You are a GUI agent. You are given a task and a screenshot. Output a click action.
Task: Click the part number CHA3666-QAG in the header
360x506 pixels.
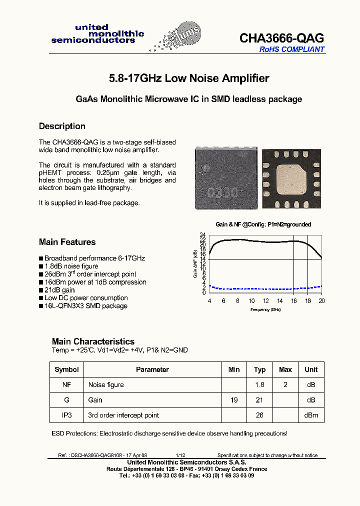(281, 38)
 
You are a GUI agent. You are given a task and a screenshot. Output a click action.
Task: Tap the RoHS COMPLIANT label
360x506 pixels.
(291, 49)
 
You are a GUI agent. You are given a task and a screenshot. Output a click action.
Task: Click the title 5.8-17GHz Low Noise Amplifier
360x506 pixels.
(189, 78)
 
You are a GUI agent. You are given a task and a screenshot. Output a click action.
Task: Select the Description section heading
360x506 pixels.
(62, 126)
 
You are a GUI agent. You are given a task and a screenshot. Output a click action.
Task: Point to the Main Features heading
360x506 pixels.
(67, 242)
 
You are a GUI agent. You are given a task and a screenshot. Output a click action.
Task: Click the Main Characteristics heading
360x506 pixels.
(93, 341)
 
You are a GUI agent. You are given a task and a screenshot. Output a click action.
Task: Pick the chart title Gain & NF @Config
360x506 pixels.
(263, 225)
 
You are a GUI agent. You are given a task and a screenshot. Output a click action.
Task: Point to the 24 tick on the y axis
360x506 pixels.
(202, 234)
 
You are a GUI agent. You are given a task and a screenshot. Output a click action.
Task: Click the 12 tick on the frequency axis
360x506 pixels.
(266, 300)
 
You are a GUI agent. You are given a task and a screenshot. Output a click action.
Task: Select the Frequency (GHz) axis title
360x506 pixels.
(265, 309)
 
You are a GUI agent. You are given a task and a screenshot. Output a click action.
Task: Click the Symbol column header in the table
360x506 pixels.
(66, 369)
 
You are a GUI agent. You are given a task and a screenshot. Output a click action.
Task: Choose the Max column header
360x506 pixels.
(285, 369)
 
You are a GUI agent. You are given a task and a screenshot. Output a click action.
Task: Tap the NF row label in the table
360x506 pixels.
(66, 384)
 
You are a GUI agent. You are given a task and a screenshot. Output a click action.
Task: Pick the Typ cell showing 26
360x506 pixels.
(260, 415)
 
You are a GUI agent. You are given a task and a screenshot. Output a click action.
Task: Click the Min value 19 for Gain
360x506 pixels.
(234, 400)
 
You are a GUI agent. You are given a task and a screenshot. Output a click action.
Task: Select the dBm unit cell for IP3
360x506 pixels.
(311, 415)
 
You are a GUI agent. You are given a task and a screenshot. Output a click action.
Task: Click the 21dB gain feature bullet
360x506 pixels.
(59, 290)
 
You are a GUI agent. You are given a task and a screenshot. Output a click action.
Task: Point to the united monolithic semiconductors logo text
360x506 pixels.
(97, 34)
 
